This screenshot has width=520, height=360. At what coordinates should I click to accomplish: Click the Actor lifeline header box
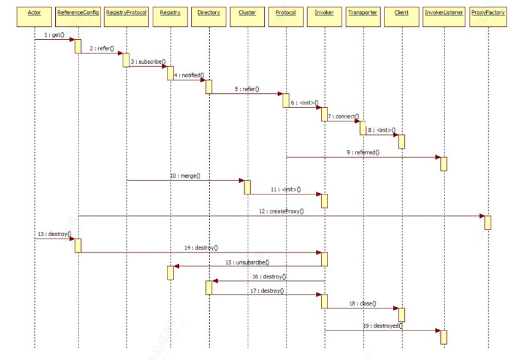click(x=34, y=12)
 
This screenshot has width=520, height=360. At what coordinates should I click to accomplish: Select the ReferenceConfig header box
click(x=78, y=12)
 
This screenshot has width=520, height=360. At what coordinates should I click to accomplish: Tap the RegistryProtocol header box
click(x=126, y=12)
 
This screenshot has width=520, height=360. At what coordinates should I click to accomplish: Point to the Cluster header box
click(x=247, y=12)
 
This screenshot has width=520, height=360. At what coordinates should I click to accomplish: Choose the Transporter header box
click(x=362, y=12)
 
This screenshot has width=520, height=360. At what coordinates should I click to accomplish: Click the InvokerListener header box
click(x=443, y=12)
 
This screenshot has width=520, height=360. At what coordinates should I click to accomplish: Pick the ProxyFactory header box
click(x=488, y=12)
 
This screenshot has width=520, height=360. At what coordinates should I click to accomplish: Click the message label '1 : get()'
click(x=54, y=36)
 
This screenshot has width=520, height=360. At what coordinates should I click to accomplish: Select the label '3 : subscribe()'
click(x=148, y=62)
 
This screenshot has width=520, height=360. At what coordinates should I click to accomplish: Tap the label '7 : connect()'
click(x=343, y=116)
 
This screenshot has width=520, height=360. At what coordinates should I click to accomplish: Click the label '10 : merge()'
click(x=185, y=175)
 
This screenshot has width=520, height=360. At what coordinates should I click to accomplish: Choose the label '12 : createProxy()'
click(x=281, y=211)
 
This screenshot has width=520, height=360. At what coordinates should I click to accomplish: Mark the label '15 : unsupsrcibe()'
click(x=247, y=262)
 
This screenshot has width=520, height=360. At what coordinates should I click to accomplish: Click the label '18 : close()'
click(x=362, y=303)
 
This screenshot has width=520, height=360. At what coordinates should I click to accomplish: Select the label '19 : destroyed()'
click(x=383, y=326)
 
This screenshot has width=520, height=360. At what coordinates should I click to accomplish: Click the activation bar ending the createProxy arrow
click(x=488, y=222)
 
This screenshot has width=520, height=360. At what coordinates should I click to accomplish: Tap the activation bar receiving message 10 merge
click(x=247, y=187)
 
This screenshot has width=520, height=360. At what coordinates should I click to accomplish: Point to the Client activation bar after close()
click(x=402, y=315)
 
